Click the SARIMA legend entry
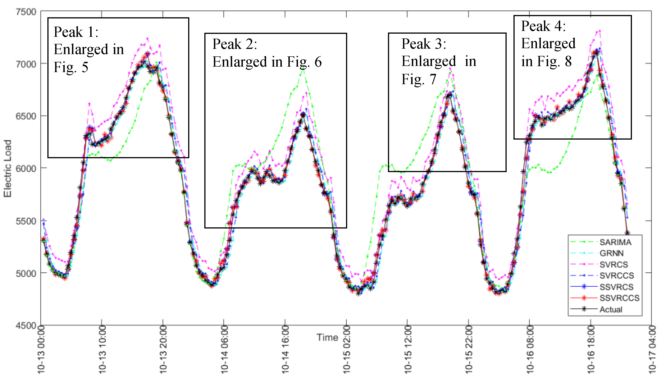click(x=615, y=242)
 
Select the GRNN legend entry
click(x=611, y=253)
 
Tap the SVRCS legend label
click(x=613, y=264)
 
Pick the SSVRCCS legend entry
click(x=619, y=298)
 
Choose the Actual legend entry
click(x=611, y=309)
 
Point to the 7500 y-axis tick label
click(x=26, y=12)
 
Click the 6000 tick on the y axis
click(x=26, y=168)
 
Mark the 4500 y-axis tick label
click(x=26, y=325)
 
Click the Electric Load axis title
click(x=8, y=168)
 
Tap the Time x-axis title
click(x=327, y=337)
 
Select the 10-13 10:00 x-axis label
click(x=103, y=350)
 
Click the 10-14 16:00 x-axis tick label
click(x=285, y=350)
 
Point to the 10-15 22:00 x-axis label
click(x=469, y=350)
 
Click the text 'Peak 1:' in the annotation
click(x=76, y=32)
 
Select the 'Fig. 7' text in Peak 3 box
click(x=418, y=79)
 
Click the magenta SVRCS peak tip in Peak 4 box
click(x=600, y=31)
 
